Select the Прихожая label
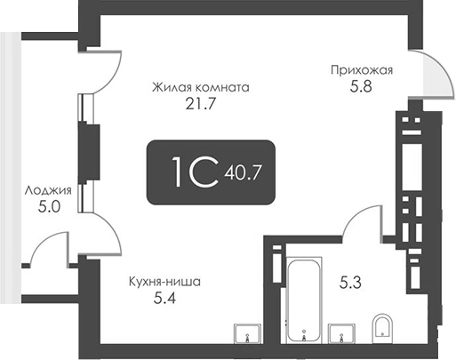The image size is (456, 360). [x=361, y=68]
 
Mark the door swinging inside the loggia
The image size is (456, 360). [x=49, y=249]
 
